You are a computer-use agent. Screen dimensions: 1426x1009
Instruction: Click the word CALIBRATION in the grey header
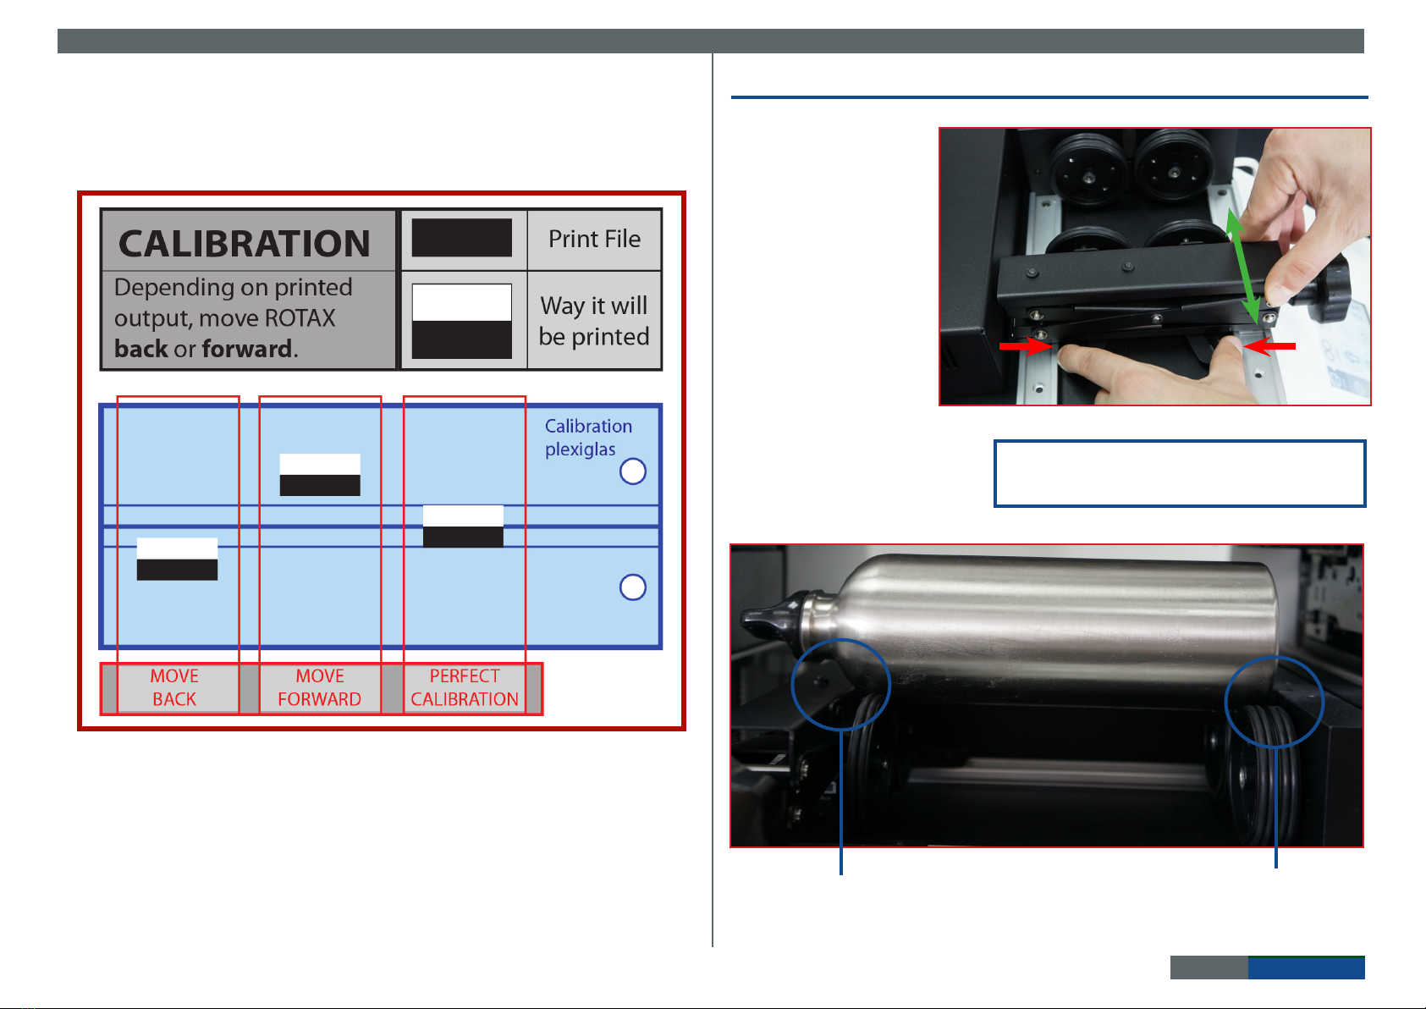[244, 244]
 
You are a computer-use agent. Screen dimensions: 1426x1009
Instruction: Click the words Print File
[595, 240]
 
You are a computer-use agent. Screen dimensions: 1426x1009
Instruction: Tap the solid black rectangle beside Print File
[461, 238]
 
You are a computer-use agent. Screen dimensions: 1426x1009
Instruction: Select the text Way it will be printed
[594, 321]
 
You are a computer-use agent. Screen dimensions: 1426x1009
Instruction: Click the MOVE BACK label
[174, 687]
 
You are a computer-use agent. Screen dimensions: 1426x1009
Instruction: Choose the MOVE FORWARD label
[320, 687]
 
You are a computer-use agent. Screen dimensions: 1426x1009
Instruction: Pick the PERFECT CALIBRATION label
[465, 687]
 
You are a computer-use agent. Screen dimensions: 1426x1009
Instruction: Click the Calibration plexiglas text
[588, 438]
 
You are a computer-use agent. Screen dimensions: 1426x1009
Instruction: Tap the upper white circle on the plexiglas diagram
[633, 471]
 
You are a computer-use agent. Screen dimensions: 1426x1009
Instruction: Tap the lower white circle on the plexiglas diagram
[633, 587]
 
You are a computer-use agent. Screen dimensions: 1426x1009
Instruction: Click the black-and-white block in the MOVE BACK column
[177, 559]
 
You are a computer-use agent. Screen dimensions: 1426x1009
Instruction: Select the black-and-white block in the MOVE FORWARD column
[320, 475]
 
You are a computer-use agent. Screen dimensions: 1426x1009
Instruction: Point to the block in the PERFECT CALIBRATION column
[463, 527]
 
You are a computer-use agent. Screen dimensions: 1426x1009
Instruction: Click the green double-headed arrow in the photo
[1243, 267]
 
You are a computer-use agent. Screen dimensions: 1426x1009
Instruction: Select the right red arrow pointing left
[1268, 346]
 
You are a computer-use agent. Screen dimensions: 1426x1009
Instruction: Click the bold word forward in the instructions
[247, 349]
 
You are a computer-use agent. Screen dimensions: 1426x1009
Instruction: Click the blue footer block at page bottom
[1306, 968]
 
